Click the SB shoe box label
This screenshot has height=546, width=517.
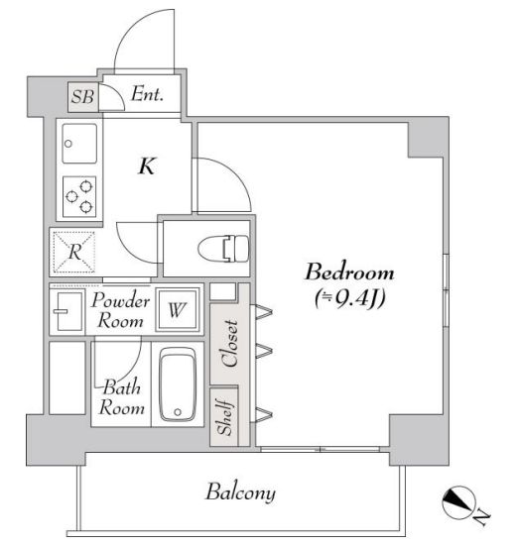coord(80,97)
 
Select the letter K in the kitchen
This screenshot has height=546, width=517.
coord(146,166)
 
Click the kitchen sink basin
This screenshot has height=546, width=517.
coord(79,144)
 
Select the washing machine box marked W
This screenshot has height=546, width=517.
coord(177,310)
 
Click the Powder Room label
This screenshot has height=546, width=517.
coord(121,310)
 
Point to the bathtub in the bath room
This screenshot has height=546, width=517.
coord(180,387)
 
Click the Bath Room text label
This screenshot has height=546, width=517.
coord(121,398)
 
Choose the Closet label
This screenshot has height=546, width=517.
coord(227,344)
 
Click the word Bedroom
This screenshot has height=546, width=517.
coord(349,273)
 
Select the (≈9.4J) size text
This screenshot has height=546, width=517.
coord(349,297)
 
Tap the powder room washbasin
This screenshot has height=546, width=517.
coord(68,309)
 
